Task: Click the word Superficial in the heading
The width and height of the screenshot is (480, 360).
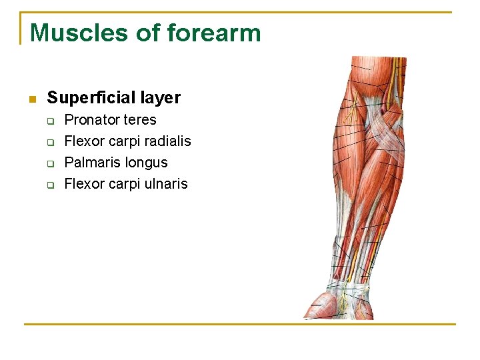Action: coord(91,98)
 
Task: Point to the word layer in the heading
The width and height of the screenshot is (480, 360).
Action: coord(159,98)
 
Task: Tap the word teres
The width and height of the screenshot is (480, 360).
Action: coord(139,120)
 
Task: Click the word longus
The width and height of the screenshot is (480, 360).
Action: coord(146,163)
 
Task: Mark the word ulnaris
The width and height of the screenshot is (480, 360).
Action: coord(165,184)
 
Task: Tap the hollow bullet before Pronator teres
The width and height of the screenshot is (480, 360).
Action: coord(49,121)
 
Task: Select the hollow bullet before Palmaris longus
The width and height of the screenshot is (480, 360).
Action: coord(49,163)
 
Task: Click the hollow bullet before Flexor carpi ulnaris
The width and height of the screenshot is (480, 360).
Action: coord(49,185)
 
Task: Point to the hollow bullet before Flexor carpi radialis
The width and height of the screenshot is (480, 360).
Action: coord(49,142)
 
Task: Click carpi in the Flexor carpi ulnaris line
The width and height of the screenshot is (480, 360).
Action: coord(122,184)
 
